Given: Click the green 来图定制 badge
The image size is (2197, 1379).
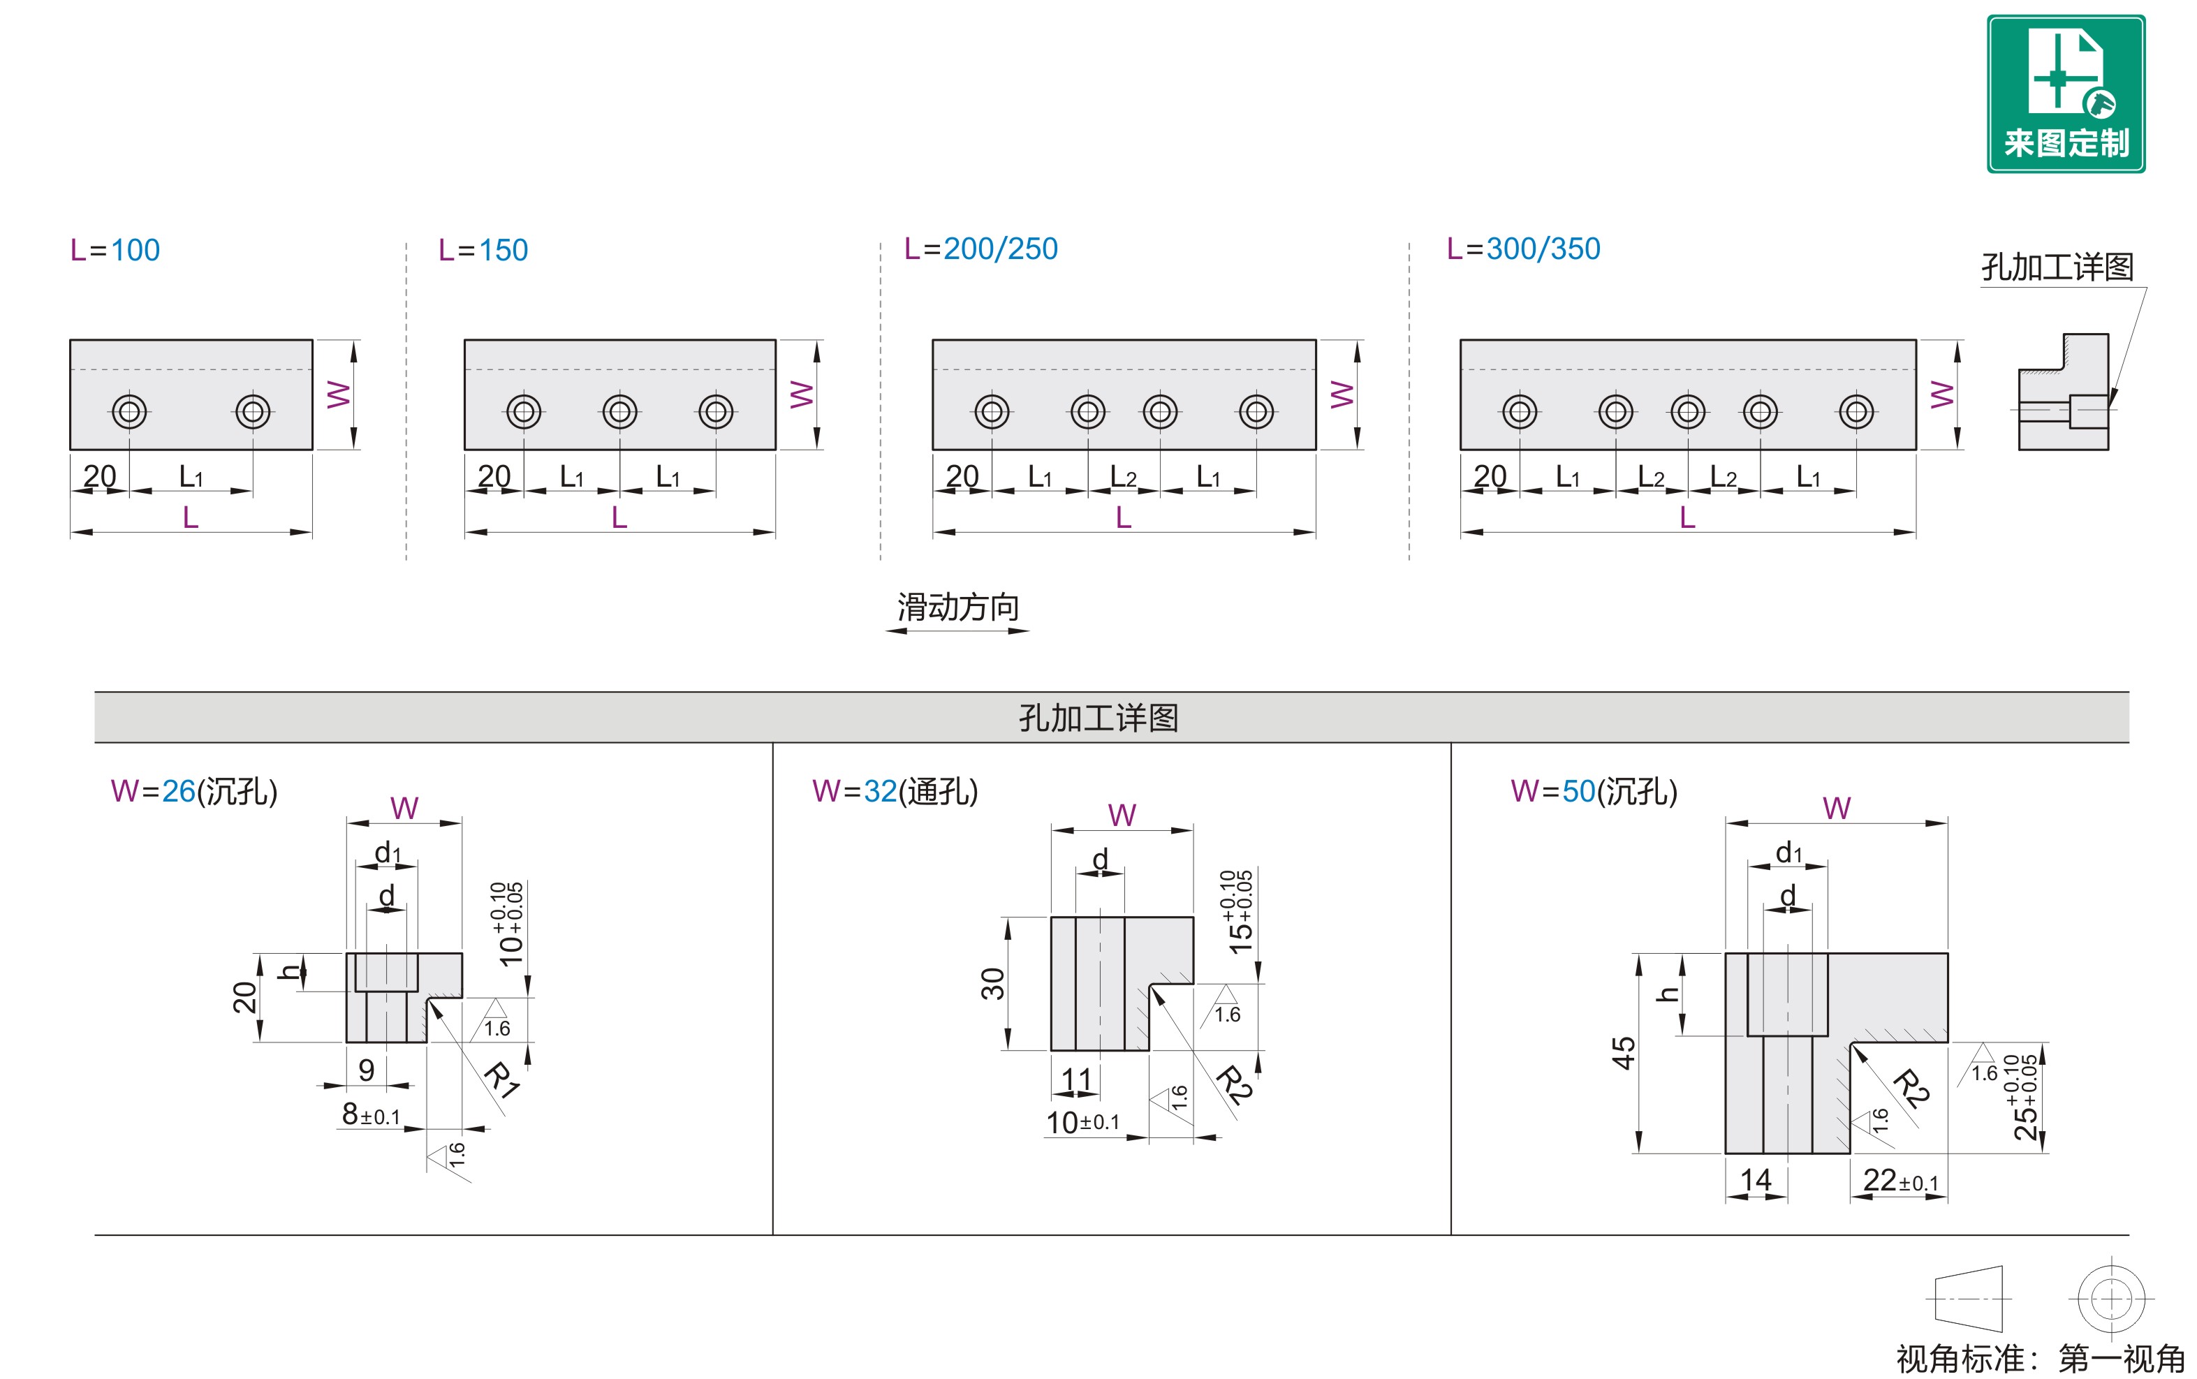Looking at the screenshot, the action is (2066, 94).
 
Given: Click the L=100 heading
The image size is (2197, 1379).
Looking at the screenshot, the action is (115, 250).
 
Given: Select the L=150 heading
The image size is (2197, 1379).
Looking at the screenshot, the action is (483, 250).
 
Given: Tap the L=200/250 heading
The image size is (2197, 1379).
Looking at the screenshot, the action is (981, 249).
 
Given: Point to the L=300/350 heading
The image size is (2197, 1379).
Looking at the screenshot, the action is (1524, 249).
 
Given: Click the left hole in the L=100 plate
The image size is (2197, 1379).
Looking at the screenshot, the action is (129, 411).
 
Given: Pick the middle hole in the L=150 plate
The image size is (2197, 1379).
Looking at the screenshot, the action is (620, 411).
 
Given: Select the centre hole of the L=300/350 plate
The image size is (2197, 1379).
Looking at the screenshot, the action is (1688, 411).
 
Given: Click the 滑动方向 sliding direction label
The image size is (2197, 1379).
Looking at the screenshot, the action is (957, 607).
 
